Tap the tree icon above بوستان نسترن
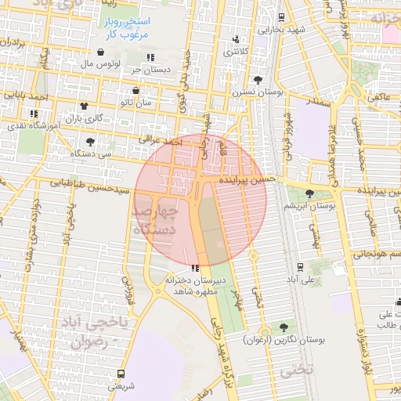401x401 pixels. (258, 81)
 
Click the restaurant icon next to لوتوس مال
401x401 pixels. (150, 57)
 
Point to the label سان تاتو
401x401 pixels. (135, 102)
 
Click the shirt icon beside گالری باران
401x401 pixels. (83, 106)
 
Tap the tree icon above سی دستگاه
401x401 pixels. (91, 142)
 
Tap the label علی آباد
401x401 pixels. (300, 279)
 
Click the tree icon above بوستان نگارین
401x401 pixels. (283, 327)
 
